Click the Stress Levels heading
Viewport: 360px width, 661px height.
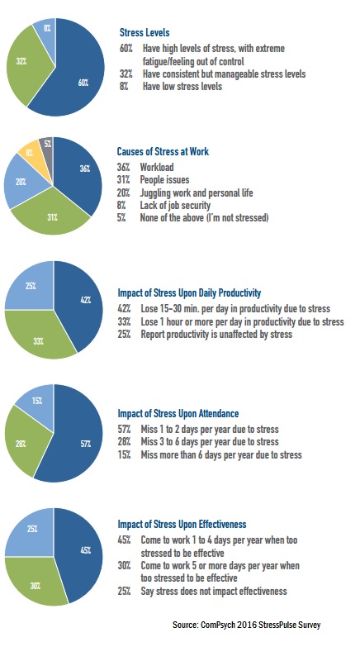pyautogui.click(x=144, y=32)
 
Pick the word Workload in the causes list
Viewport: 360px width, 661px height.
pyautogui.click(x=157, y=167)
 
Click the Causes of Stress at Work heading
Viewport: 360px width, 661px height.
pyautogui.click(x=163, y=151)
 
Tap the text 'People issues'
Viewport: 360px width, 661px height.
pyautogui.click(x=164, y=180)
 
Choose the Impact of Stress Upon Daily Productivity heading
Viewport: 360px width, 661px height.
pyautogui.click(x=189, y=293)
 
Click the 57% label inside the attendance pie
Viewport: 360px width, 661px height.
pyautogui.click(x=86, y=444)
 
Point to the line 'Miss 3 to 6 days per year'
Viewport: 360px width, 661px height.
pyautogui.click(x=210, y=442)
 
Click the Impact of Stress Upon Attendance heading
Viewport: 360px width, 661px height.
pyautogui.click(x=178, y=414)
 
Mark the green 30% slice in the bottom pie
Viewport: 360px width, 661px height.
pyautogui.click(x=36, y=584)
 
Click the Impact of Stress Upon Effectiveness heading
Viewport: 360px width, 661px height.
pyautogui.click(x=182, y=525)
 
